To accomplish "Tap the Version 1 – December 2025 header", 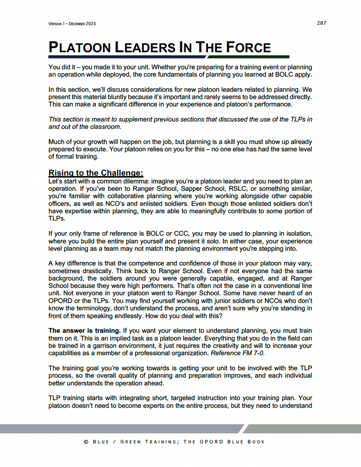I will tap(72, 24).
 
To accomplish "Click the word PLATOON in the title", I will tap(82, 48).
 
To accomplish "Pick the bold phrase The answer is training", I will tap(79, 330).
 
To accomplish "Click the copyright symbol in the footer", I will tap(86, 442).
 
